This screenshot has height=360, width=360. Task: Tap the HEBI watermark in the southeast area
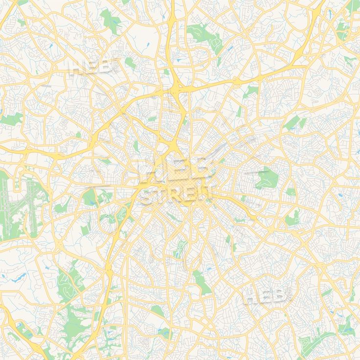(267, 295)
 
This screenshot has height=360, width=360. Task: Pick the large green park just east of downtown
(266, 178)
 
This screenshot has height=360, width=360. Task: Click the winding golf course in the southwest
(66, 284)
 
